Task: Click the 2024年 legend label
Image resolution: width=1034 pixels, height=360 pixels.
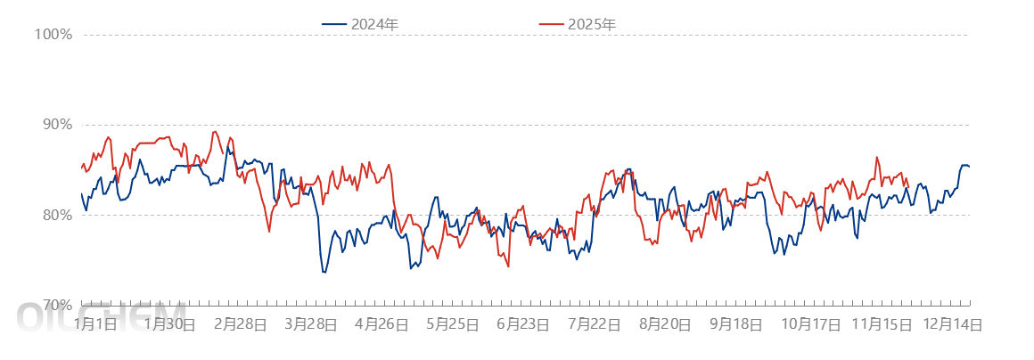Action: coord(374,25)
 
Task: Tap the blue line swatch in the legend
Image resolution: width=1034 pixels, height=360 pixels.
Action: coord(335,25)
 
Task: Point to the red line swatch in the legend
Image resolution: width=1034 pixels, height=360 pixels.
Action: coord(553,25)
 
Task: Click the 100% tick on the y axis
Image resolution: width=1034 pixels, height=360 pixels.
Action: coord(53,35)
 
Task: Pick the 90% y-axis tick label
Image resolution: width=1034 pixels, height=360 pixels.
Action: coord(54,124)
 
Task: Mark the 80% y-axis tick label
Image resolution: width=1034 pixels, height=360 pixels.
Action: coord(54,215)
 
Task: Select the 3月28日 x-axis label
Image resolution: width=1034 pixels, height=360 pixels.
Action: coord(310,325)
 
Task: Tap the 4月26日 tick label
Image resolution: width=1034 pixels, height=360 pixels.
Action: coord(382,325)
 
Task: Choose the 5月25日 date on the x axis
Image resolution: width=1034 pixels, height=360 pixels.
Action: coord(453,325)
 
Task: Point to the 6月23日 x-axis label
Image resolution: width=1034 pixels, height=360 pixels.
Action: coord(523,325)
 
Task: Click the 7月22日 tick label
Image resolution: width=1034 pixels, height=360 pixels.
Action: coord(595,325)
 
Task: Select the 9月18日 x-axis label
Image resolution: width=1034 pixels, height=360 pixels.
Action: coord(736,325)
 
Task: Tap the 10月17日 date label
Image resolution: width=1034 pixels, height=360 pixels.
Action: coord(810,325)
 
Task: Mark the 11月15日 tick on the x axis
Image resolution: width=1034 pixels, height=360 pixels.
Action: coord(881,325)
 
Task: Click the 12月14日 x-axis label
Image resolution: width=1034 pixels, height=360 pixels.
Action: coord(952,325)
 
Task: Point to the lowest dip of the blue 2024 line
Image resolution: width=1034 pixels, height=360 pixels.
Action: coord(324,272)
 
